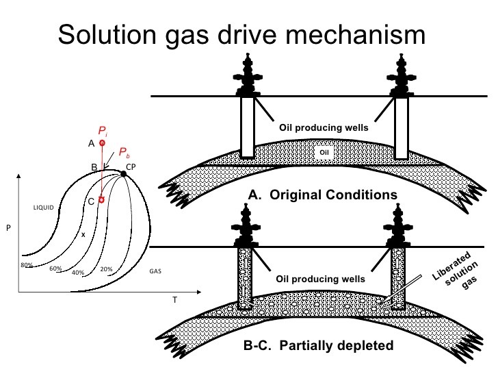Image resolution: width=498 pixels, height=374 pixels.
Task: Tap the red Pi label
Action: click(102, 130)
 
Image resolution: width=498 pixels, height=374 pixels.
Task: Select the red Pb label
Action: click(123, 152)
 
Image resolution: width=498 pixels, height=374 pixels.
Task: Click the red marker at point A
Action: click(102, 143)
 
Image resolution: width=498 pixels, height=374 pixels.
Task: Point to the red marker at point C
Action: click(101, 200)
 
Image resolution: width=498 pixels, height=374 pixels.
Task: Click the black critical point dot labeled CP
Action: click(124, 174)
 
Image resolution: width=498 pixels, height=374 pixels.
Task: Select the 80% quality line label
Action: click(27, 265)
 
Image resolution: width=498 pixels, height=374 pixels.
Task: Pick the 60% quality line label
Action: click(55, 269)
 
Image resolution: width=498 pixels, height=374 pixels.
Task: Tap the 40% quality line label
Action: click(77, 272)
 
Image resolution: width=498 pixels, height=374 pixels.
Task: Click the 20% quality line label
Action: click(106, 269)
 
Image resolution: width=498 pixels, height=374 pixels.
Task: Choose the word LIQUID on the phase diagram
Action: click(42, 207)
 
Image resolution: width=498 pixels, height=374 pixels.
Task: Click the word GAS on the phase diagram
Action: click(155, 271)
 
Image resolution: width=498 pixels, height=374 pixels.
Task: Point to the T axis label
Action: click(174, 300)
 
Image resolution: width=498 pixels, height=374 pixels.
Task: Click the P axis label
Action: click(8, 228)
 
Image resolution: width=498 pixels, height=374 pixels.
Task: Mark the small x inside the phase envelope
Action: click(83, 234)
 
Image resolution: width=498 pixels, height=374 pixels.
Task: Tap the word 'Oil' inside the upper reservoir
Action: click(325, 152)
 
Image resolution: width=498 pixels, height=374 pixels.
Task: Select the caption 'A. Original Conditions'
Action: click(322, 195)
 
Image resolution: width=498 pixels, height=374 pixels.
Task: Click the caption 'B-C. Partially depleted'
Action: click(319, 345)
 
